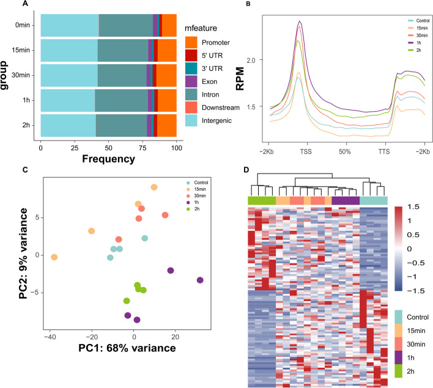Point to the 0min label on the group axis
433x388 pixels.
point(26,26)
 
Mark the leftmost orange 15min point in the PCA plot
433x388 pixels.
point(54,257)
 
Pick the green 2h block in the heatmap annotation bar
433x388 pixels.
point(262,201)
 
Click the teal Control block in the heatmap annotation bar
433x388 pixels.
point(373,201)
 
